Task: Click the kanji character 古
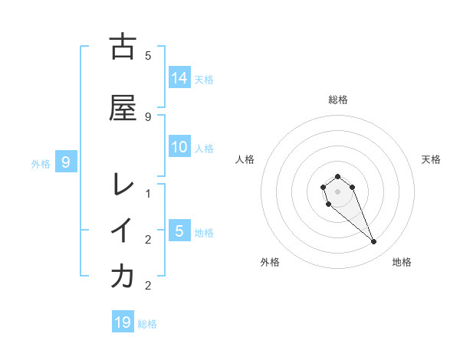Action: pos(123,47)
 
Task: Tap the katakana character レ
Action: pos(123,185)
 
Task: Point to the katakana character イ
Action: pos(123,230)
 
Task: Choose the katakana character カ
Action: pos(123,277)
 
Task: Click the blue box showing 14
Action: pos(179,78)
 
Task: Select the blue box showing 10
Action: pos(179,148)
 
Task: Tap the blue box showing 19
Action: pos(123,322)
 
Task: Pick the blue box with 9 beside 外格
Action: pos(66,162)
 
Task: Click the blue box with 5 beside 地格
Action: pos(179,231)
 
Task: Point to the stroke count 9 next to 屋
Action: pos(148,116)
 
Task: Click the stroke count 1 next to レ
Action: pos(148,194)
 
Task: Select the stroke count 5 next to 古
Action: pos(148,56)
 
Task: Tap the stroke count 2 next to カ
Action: pos(148,286)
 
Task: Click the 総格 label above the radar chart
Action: pos(338,100)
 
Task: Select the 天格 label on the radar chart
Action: pos(431,159)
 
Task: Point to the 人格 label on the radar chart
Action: pos(245,159)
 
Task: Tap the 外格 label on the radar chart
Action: pos(270,263)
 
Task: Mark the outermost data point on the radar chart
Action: pos(374,242)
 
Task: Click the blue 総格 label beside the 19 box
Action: pos(147,324)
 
